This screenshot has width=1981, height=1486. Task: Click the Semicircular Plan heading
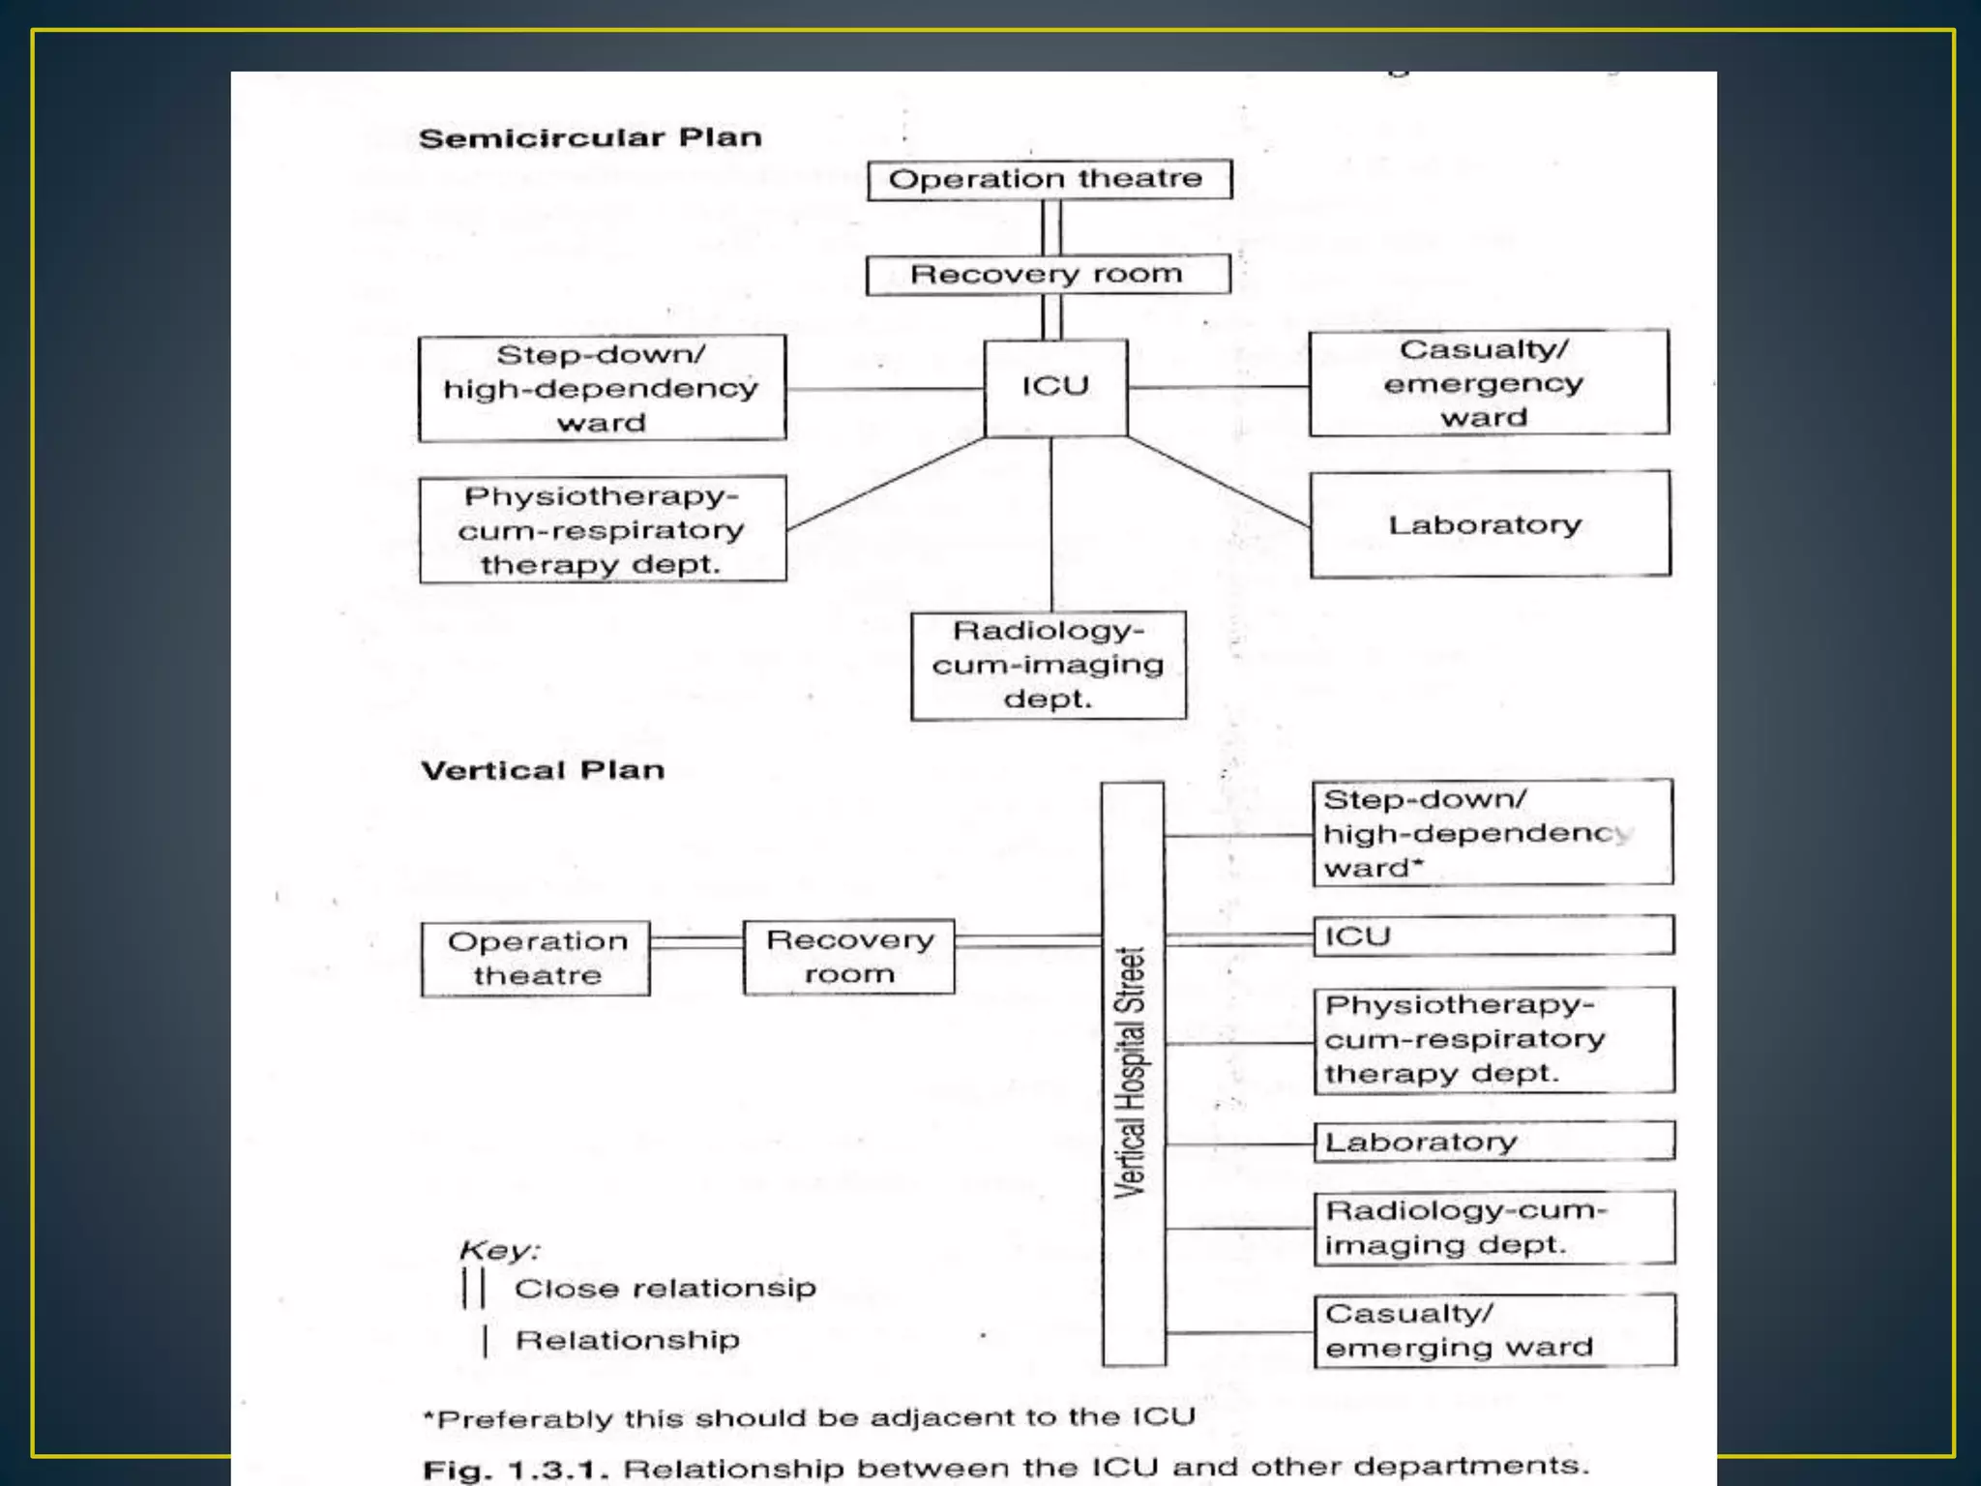click(590, 138)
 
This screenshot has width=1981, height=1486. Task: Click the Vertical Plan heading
click(543, 770)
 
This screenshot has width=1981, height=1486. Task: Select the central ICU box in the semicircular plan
click(1055, 387)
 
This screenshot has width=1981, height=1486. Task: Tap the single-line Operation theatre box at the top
click(1049, 180)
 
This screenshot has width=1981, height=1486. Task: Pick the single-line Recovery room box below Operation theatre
click(1048, 275)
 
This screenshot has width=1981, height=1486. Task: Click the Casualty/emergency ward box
click(1488, 383)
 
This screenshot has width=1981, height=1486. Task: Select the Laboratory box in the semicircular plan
click(1490, 524)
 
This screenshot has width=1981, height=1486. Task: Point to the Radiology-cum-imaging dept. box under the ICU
click(1049, 666)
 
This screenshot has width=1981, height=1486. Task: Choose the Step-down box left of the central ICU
click(602, 388)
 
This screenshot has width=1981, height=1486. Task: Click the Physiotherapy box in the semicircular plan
click(602, 529)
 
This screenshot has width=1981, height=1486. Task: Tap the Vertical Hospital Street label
click(1133, 1072)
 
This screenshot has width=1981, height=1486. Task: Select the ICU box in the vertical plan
click(1493, 936)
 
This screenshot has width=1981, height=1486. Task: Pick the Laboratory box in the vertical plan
click(1493, 1142)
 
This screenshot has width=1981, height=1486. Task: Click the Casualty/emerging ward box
click(1494, 1330)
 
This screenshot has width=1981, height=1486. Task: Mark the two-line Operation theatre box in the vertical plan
click(536, 958)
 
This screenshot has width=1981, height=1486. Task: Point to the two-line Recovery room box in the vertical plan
click(848, 957)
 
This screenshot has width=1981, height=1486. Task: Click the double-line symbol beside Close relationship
click(474, 1288)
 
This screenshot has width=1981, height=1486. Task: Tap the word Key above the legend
click(498, 1250)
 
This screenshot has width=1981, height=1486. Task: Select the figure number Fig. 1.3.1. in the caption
click(516, 1471)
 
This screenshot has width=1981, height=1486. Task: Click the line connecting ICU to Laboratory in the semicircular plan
click(1219, 482)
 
